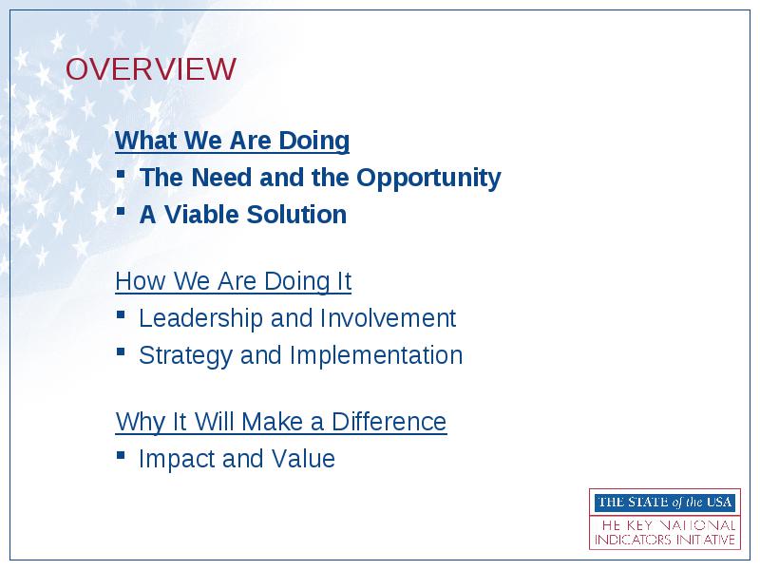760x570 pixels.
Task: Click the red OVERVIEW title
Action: pyautogui.click(x=151, y=68)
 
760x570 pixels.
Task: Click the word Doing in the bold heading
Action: pyautogui.click(x=313, y=142)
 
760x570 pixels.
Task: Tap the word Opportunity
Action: pyautogui.click(x=428, y=178)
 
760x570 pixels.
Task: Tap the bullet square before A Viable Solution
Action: pyautogui.click(x=121, y=211)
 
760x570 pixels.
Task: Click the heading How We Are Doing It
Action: pyautogui.click(x=233, y=281)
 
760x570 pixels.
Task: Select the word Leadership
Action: pyautogui.click(x=201, y=319)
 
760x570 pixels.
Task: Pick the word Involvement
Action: pyautogui.click(x=388, y=318)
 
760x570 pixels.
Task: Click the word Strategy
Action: pyautogui.click(x=185, y=356)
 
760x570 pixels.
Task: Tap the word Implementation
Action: pyautogui.click(x=376, y=356)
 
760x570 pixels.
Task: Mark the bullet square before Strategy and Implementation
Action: pyautogui.click(x=121, y=351)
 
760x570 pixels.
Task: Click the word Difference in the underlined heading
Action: pyautogui.click(x=389, y=422)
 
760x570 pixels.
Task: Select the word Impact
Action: pyautogui.click(x=177, y=460)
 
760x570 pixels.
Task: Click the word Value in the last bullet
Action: pyautogui.click(x=303, y=459)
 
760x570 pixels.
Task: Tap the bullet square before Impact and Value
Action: pyautogui.click(x=121, y=455)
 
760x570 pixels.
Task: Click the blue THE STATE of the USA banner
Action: pyautogui.click(x=665, y=503)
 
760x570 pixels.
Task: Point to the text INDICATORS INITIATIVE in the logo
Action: pyautogui.click(x=665, y=540)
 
